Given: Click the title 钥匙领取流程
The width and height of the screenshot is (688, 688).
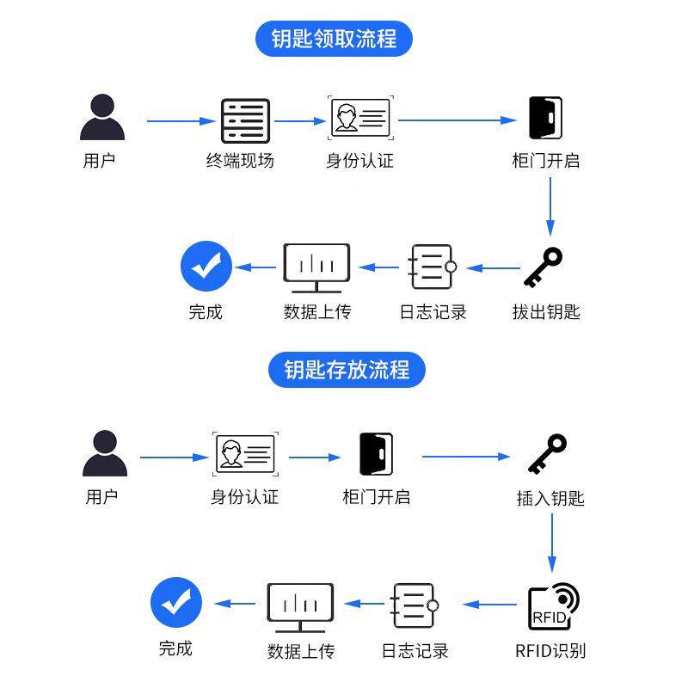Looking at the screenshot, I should (335, 39).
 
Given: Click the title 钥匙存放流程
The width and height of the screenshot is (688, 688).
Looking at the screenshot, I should (347, 370).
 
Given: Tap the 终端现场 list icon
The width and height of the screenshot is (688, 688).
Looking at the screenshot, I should (245, 121).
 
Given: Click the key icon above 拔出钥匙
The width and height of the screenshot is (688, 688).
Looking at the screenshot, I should (543, 267).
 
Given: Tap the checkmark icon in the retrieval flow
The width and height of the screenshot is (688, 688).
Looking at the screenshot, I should (206, 267).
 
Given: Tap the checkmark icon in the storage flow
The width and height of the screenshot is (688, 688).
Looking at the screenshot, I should (176, 603).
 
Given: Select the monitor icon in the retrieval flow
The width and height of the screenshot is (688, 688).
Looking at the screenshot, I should (316, 267).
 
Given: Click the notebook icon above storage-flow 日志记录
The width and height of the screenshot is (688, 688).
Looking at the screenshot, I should (414, 605).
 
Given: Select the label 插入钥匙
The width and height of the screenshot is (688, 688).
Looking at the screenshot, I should (550, 498).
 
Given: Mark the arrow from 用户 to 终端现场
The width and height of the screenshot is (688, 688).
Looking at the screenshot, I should (179, 121).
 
